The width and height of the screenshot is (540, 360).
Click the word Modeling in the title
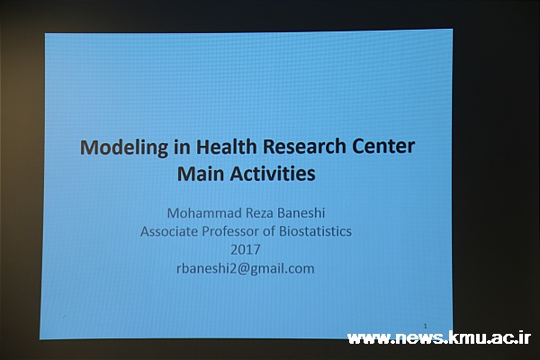click(x=124, y=148)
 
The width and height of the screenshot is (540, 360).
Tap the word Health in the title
click(x=226, y=146)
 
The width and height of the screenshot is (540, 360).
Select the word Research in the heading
click(x=304, y=146)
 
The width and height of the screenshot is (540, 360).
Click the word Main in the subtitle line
click(x=200, y=174)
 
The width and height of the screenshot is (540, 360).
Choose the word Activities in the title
click(x=273, y=173)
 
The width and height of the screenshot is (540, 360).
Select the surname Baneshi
click(x=301, y=213)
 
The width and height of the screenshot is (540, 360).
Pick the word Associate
click(x=169, y=231)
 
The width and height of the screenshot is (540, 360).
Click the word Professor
click(x=230, y=231)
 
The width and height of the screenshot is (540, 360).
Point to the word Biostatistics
click(x=315, y=231)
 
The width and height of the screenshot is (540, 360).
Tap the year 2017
click(x=245, y=250)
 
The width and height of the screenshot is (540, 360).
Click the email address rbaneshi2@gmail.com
click(x=245, y=269)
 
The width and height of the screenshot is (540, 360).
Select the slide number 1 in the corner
click(x=426, y=326)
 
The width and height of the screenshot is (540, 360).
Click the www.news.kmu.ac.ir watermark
click(x=439, y=338)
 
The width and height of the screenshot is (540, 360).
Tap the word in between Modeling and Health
click(x=182, y=147)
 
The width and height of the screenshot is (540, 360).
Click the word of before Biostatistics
click(x=269, y=231)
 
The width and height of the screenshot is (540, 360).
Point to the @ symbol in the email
click(x=243, y=269)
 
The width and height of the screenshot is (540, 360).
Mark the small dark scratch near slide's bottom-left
click(x=65, y=316)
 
